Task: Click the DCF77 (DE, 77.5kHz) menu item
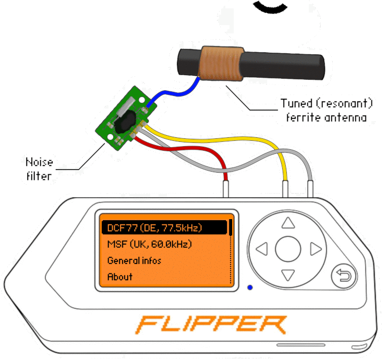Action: click(154, 228)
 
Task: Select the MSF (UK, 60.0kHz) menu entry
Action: click(149, 244)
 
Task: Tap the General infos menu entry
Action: click(134, 260)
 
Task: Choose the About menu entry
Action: click(120, 277)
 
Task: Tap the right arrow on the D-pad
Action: click(315, 249)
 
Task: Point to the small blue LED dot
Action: click(250, 287)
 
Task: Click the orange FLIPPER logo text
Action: click(211, 325)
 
